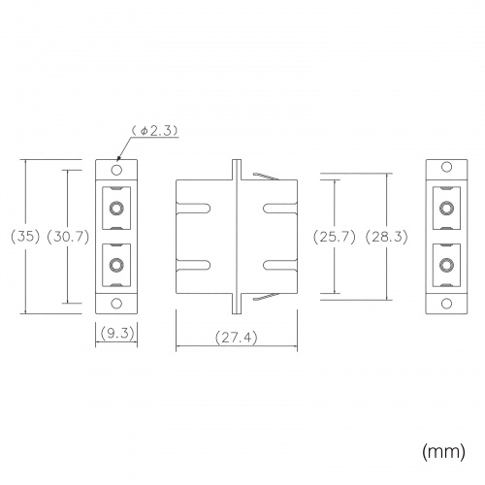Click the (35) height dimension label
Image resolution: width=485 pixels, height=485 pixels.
pyautogui.click(x=25, y=237)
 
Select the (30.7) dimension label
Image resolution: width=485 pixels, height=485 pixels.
pyautogui.click(x=68, y=237)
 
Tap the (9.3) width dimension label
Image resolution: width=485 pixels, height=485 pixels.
pyautogui.click(x=117, y=333)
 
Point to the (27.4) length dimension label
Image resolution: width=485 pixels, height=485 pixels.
pyautogui.click(x=237, y=338)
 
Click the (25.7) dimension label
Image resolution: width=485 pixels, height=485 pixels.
pyautogui.click(x=335, y=237)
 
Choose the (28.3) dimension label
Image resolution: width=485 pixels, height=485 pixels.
pyautogui.click(x=386, y=237)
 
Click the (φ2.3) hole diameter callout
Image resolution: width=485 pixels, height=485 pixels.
pyautogui.click(x=154, y=131)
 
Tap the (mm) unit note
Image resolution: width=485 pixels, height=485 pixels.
pyautogui.click(x=443, y=451)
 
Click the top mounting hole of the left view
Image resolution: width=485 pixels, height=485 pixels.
pyautogui.click(x=116, y=170)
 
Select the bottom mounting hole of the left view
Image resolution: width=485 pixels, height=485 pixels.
pyautogui.click(x=116, y=304)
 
